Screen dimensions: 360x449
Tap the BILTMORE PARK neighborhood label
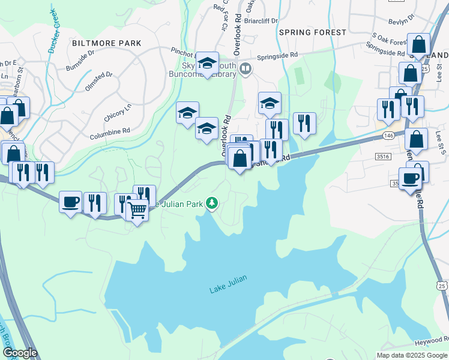(x=106, y=43)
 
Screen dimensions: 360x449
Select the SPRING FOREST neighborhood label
(x=312, y=32)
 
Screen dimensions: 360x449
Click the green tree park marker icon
(x=211, y=203)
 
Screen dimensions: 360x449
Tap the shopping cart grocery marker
(x=137, y=211)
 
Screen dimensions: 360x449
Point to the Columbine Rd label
(x=110, y=131)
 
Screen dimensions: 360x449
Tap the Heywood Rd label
(x=432, y=341)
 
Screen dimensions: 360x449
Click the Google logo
(x=19, y=353)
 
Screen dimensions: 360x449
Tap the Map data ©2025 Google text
(x=411, y=355)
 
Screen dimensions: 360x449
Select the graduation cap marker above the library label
(x=207, y=62)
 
